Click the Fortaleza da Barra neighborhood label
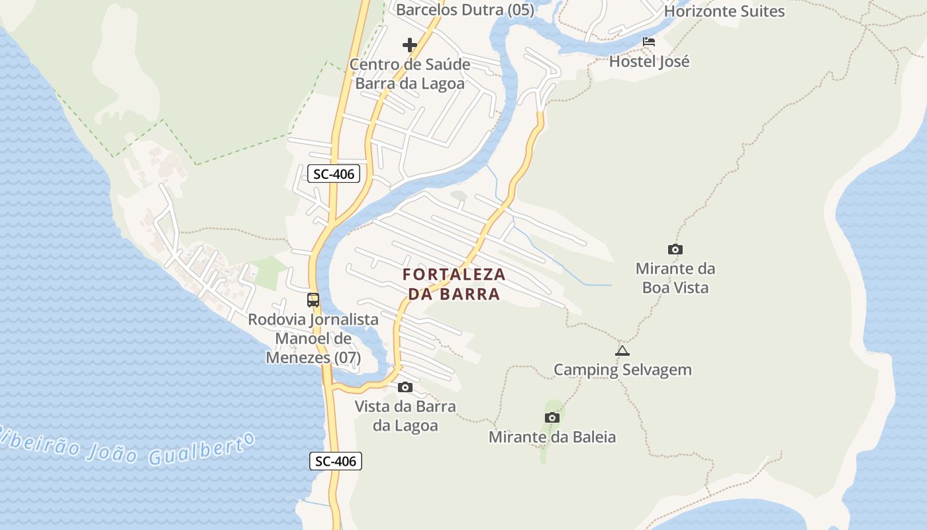tap(454, 284)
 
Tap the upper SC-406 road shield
tap(334, 174)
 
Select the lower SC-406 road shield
tap(336, 461)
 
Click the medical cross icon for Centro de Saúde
tap(410, 45)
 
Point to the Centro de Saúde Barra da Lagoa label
tap(410, 74)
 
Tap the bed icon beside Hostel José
tap(649, 42)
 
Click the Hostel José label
tap(649, 62)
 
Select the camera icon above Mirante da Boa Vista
tap(675, 250)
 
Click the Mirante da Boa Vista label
tap(675, 278)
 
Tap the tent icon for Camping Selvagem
tap(622, 350)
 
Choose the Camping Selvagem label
tap(622, 370)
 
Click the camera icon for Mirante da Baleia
tap(552, 417)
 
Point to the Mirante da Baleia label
tap(552, 437)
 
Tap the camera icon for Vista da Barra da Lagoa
tap(405, 387)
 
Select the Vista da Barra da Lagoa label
tap(405, 415)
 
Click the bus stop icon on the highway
tap(313, 300)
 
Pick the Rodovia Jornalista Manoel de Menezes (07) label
tap(313, 339)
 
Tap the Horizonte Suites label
tap(724, 11)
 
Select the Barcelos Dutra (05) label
tap(465, 9)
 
